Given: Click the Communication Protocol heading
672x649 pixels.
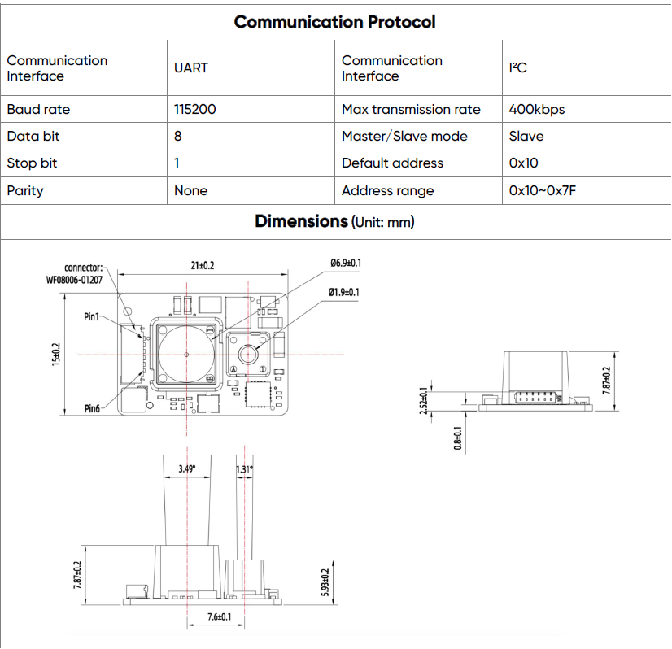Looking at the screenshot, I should coord(334,22).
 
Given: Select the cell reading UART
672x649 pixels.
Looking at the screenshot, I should coord(191,68).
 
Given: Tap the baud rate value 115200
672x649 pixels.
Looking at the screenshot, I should coord(195,109).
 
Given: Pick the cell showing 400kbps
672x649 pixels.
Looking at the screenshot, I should coord(536,109).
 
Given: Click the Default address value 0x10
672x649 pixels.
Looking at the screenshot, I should coord(524,163).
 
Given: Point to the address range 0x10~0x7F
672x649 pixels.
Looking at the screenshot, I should coord(543,190).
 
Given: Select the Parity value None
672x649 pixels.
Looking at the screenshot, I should coord(190,190).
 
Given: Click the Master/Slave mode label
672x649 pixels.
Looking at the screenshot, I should coord(404,136).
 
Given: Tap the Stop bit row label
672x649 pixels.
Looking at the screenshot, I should coord(32,163).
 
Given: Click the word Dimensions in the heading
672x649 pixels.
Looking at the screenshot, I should coord(301,221).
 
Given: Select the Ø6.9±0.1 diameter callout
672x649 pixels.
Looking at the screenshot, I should coord(346,263).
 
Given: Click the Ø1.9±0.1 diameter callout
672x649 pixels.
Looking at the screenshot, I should coord(344,292).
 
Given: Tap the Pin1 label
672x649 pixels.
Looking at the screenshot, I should coord(92,317).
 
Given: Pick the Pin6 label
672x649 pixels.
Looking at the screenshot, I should coord(92,408).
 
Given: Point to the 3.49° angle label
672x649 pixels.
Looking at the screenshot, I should coord(188,469).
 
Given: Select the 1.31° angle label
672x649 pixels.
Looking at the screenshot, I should coord(244,469).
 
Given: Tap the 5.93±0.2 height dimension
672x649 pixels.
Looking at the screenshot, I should coord(326,583).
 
